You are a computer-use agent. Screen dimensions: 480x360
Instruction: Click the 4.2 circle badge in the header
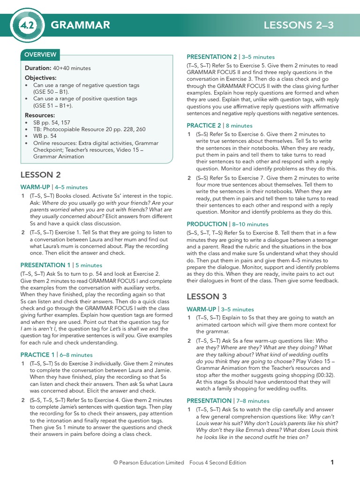tap(31, 25)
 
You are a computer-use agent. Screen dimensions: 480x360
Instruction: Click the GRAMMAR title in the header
tap(80, 25)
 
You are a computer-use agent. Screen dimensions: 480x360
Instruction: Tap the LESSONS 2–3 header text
tap(299, 25)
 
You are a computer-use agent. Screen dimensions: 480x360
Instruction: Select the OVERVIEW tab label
tap(40, 55)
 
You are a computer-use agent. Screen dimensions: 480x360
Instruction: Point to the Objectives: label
tap(41, 78)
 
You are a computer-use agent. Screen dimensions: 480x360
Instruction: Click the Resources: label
tap(40, 115)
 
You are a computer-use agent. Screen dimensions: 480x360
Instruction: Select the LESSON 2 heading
tap(40, 175)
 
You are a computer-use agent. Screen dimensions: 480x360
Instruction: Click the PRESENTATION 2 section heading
tap(212, 57)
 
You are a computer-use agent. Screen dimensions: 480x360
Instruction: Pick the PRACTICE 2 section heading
tap(204, 126)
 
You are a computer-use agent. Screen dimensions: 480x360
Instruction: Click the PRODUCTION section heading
tap(207, 224)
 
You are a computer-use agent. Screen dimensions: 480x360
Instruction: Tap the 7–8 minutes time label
tap(253, 401)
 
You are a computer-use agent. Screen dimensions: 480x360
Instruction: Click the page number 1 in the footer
tap(332, 462)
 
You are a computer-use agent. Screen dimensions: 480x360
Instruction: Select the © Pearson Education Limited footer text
tap(149, 463)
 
